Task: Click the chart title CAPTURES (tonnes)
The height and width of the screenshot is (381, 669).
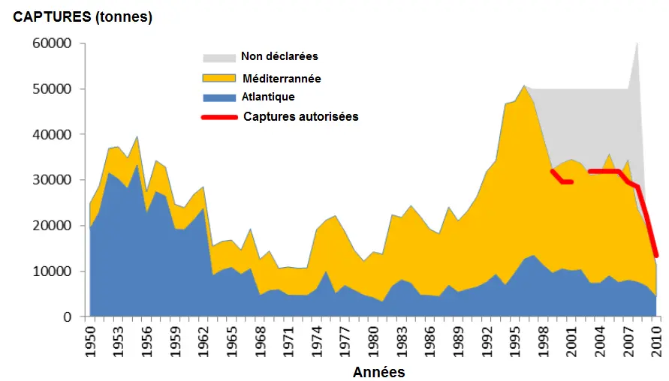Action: (83, 17)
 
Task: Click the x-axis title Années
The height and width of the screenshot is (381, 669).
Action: (379, 372)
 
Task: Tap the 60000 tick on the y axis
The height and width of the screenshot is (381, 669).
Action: (53, 43)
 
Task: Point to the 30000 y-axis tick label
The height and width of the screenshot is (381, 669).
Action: (53, 180)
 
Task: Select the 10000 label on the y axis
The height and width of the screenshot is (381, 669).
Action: (53, 271)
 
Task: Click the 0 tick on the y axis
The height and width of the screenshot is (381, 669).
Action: (67, 317)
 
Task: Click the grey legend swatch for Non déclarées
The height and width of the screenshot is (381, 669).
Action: (217, 58)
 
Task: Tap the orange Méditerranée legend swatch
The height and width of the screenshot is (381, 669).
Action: (217, 78)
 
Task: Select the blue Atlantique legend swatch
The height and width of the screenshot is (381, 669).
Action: (217, 97)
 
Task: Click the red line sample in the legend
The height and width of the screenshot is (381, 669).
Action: (218, 117)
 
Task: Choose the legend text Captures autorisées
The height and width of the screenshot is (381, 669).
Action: (300, 117)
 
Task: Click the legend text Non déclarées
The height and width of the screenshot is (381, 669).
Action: (279, 57)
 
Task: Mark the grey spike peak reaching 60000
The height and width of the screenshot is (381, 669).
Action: (637, 43)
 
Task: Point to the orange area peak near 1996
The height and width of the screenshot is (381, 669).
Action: (524, 86)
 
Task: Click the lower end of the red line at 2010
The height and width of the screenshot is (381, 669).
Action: (656, 255)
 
